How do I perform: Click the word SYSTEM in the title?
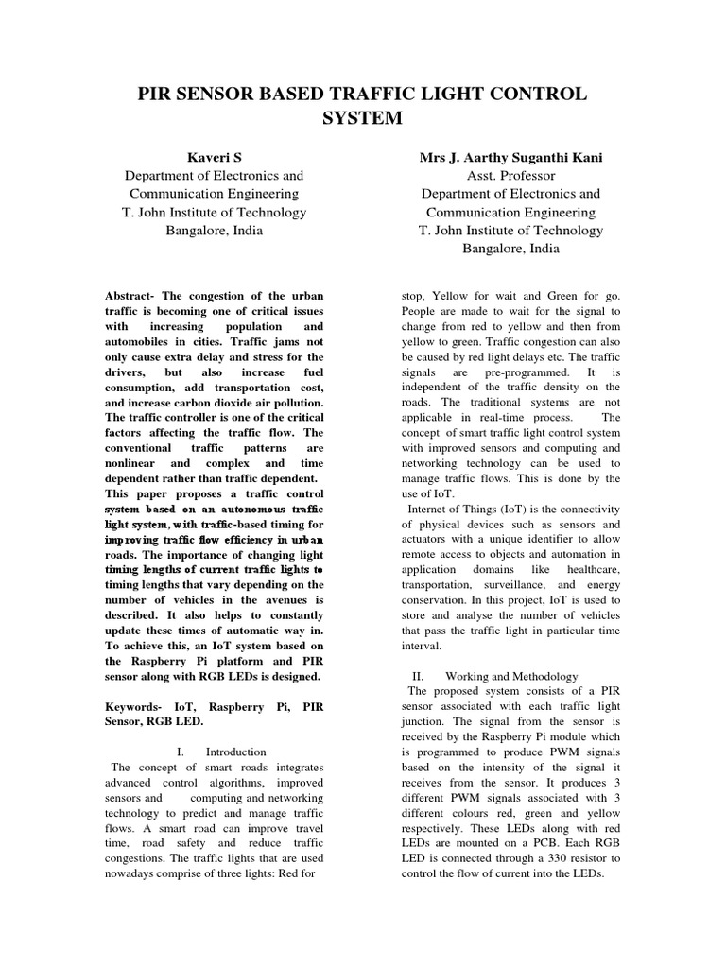(362, 118)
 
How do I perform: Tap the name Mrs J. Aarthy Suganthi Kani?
(510, 156)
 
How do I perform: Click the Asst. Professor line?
(510, 175)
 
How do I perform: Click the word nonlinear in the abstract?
(132, 463)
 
